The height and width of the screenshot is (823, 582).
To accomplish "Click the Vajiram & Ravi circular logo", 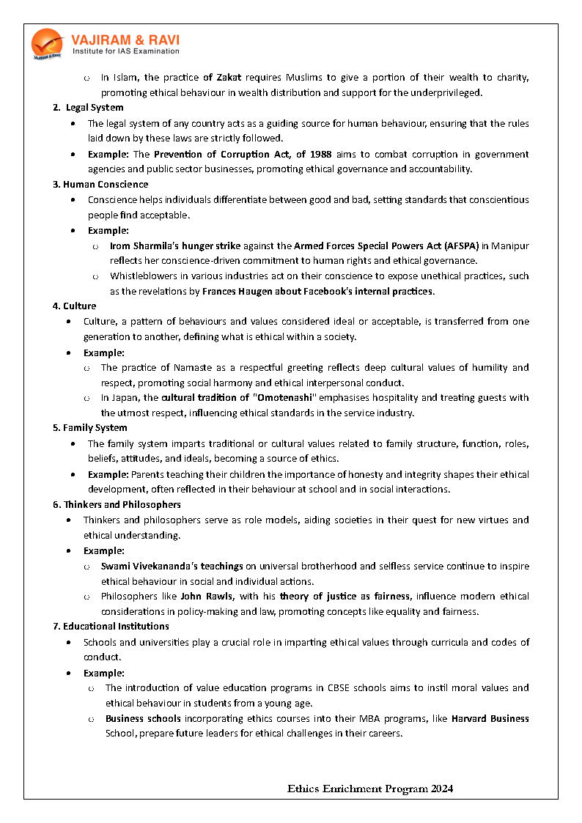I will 47,43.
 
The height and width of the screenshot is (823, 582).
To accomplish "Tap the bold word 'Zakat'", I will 229,77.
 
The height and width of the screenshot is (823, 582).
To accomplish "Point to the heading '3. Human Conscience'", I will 100,184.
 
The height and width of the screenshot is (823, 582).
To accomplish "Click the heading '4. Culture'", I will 74,306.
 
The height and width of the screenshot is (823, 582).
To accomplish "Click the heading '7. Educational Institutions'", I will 111,626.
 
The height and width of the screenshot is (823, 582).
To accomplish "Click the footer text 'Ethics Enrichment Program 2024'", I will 369,789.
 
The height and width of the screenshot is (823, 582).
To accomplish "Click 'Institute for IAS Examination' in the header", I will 125,51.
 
